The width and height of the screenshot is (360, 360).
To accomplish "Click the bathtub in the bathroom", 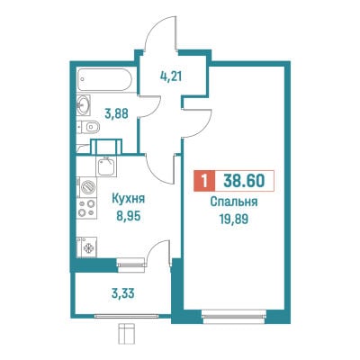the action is click(x=104, y=79).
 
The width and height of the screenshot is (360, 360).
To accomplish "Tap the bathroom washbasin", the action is click(x=84, y=104).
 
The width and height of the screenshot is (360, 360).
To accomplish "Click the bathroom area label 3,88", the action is click(x=116, y=113).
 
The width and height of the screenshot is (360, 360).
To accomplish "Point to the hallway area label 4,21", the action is click(x=171, y=76).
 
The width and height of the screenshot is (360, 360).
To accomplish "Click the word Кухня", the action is click(x=129, y=199).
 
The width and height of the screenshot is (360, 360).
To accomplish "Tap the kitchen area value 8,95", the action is click(x=129, y=216).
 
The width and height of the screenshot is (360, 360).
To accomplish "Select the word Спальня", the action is click(x=234, y=202).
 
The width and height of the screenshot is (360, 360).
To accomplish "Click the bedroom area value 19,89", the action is click(x=234, y=220).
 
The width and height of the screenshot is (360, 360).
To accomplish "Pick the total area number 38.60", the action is click(x=244, y=181).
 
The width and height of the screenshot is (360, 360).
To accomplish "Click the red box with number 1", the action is click(x=204, y=181).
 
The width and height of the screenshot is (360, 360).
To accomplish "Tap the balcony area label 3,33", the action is click(x=122, y=293).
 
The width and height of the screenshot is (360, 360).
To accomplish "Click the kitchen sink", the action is click(x=105, y=166).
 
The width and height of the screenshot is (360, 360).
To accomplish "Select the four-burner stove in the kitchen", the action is click(x=86, y=208).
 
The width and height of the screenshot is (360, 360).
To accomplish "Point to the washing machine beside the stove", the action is click(x=87, y=187).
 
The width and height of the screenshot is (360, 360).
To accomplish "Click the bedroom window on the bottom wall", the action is click(x=234, y=316).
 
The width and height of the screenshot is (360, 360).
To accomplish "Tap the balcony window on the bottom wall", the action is click(x=126, y=316).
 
